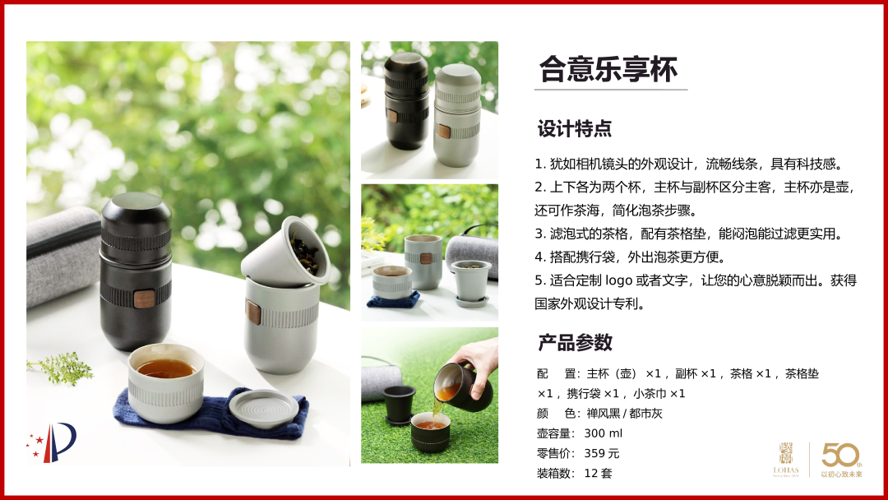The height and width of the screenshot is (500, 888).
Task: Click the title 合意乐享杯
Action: tap(608, 69)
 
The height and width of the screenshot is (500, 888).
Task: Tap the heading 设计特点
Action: tap(574, 128)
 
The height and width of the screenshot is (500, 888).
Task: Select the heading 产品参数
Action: tap(575, 343)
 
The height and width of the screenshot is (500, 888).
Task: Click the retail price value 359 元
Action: tap(601, 453)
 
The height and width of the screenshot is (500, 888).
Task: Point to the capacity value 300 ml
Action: tap(603, 433)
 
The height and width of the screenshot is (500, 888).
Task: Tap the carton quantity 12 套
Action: tap(598, 473)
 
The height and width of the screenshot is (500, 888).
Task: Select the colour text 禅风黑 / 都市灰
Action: tap(624, 414)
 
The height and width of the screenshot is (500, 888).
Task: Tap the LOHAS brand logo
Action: tap(786, 460)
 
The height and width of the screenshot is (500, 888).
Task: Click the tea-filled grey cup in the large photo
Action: tap(165, 382)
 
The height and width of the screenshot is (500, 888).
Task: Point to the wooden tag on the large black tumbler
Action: tap(144, 299)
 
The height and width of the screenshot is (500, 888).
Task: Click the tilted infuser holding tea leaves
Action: tap(286, 252)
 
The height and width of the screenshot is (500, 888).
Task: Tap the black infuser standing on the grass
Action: tap(399, 405)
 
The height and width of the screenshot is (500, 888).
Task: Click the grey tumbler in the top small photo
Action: tap(457, 115)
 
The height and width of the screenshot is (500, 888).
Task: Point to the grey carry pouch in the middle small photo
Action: tap(473, 256)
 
